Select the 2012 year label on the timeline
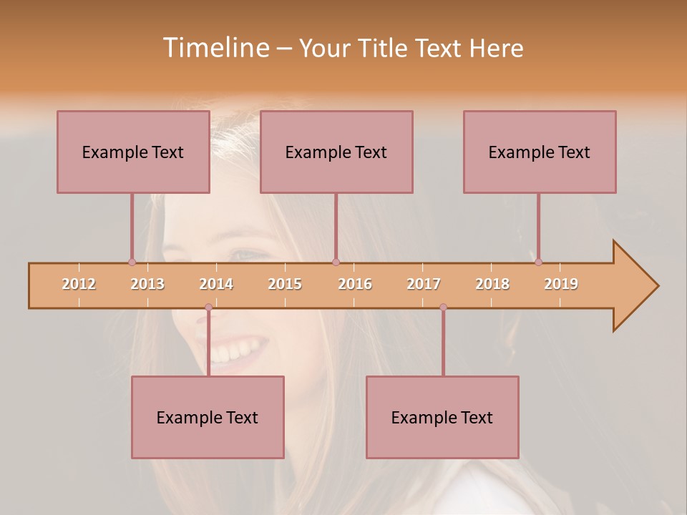(79, 284)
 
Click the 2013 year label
(147, 284)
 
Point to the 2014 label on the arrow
(216, 284)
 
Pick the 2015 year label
(285, 284)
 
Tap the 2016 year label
(355, 284)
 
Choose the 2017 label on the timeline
(424, 284)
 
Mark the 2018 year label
(492, 284)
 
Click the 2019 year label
(561, 284)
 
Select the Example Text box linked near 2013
(133, 152)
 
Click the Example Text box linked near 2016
(336, 152)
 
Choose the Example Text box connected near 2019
(540, 152)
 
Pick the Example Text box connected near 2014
(208, 417)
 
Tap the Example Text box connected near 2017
(442, 417)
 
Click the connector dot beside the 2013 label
(132, 262)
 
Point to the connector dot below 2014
(208, 307)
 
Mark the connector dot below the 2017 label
(443, 307)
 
